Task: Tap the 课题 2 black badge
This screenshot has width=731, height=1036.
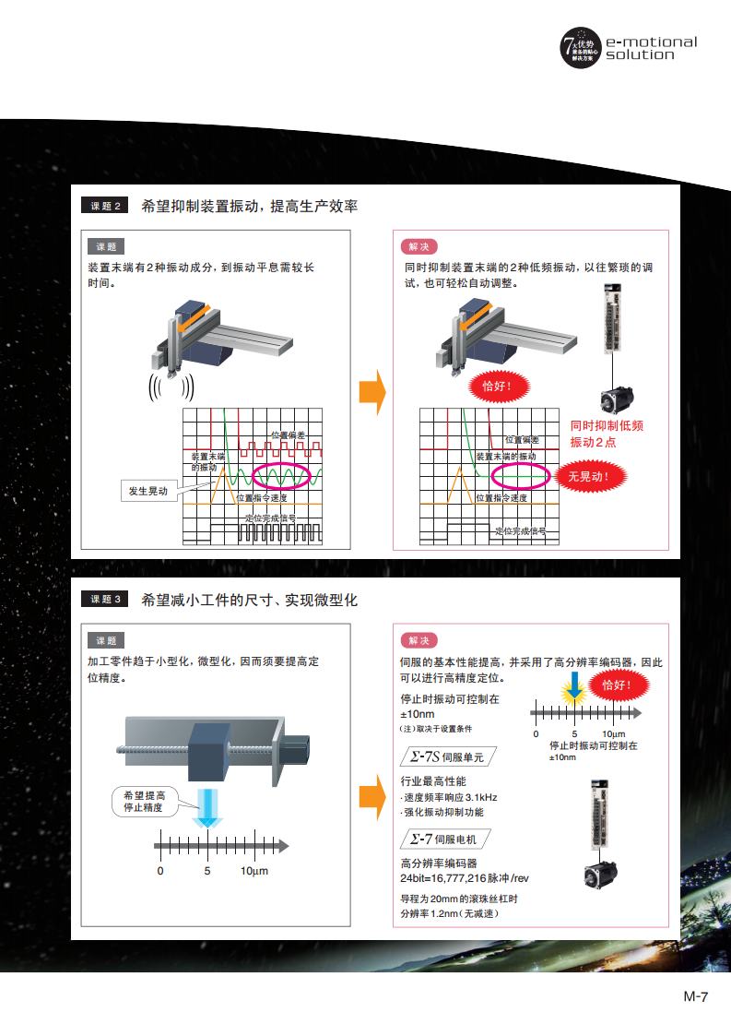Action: [x=106, y=206]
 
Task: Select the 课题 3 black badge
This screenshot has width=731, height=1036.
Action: [x=106, y=600]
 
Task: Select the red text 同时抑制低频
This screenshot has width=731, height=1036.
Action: [x=606, y=425]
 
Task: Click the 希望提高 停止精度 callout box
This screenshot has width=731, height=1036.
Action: [x=144, y=801]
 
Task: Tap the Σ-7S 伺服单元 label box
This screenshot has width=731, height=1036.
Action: [x=445, y=756]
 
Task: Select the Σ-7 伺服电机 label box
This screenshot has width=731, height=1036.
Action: [x=445, y=839]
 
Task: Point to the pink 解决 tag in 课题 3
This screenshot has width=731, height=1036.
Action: [x=419, y=640]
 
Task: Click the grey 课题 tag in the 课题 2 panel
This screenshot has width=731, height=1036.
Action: [x=105, y=246]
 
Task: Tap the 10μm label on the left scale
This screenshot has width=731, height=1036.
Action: [x=254, y=871]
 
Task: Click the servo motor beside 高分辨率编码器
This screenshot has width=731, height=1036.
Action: [x=604, y=869]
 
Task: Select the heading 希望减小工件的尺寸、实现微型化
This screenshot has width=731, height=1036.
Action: [x=250, y=600]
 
